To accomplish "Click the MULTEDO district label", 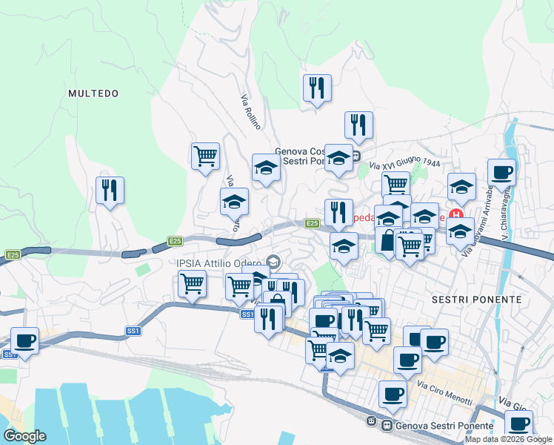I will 93,93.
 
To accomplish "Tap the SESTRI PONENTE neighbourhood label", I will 476,300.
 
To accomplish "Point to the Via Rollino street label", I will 250,111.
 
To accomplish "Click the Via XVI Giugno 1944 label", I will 404,165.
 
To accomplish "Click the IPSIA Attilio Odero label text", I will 218,263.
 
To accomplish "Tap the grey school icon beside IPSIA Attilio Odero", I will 273,262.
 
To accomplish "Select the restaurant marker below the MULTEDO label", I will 110,190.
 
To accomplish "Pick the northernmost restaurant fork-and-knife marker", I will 316,88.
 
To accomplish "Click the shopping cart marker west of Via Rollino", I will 205,156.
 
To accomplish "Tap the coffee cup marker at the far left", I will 24,340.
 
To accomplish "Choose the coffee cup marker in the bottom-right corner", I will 519,424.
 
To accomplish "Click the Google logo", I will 24,436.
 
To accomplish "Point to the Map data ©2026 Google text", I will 509,439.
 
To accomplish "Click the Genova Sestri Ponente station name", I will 444,426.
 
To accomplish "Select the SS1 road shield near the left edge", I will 10,355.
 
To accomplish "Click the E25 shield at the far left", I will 13,255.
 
